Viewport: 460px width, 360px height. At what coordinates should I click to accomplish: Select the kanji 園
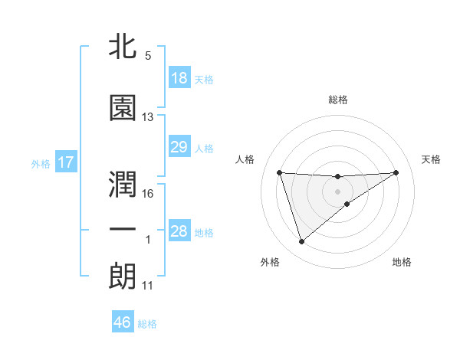(123, 108)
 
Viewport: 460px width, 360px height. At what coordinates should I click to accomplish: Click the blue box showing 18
(179, 78)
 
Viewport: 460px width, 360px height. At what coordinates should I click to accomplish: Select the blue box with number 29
(179, 147)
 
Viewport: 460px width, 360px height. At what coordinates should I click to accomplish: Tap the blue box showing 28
(179, 231)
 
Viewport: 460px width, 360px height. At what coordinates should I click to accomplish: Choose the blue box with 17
(65, 162)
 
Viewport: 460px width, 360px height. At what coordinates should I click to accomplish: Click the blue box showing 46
(123, 322)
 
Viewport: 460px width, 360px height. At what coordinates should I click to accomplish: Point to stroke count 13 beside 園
(148, 117)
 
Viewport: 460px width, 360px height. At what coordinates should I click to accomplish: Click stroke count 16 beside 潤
(148, 193)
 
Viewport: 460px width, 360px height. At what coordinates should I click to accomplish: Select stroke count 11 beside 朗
(148, 286)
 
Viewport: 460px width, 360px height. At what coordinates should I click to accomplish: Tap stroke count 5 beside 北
(148, 56)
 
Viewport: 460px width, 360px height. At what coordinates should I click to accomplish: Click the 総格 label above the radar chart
(338, 100)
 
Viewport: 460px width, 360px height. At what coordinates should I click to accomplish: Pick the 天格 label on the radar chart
(432, 159)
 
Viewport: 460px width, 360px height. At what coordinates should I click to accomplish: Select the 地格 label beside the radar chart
(402, 262)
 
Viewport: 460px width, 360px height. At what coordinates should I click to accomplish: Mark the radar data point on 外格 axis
(301, 242)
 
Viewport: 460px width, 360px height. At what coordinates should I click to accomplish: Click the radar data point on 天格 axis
(396, 172)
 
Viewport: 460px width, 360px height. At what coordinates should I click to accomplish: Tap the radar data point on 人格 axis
(280, 172)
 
